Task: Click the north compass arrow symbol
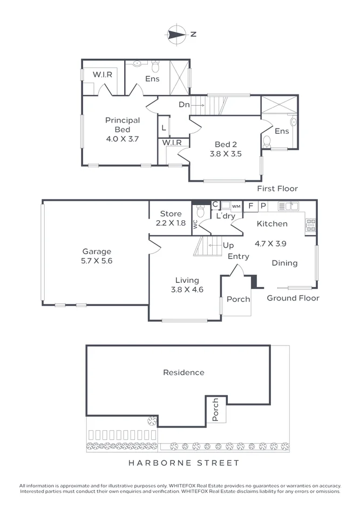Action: pos(176,34)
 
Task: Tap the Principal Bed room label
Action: pos(123,125)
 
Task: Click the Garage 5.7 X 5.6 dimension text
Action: pos(97,261)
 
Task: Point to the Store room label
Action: pos(171,214)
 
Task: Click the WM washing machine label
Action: pos(236,206)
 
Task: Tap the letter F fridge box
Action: pos(251,206)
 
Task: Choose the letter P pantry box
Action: pos(263,206)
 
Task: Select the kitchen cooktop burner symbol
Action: pos(311,225)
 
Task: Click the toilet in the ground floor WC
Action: pos(201,213)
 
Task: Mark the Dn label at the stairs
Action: pos(184,105)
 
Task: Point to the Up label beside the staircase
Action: pos(228,246)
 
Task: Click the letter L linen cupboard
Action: pos(164,128)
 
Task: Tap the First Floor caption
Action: pos(277,189)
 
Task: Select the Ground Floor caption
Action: pos(293,298)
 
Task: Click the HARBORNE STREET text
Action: pos(183,463)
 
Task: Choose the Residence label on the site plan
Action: pos(184,372)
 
